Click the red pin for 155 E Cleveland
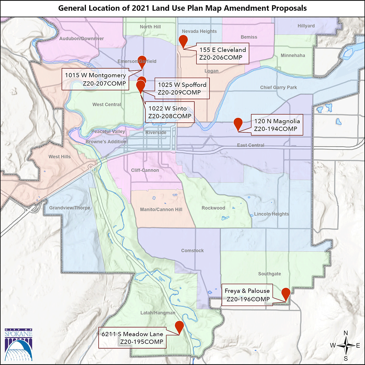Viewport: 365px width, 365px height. [x=183, y=40]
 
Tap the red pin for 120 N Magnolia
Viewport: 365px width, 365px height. [x=238, y=123]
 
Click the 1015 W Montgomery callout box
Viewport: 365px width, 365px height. [x=95, y=79]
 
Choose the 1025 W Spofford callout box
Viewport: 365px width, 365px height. [x=182, y=88]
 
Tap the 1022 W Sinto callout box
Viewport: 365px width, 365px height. [x=170, y=112]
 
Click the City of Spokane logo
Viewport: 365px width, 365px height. [x=19, y=344]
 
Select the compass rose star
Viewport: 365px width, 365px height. [x=346, y=345]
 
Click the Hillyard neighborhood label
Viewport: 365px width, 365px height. [x=306, y=26]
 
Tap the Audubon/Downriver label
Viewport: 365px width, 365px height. [x=82, y=38]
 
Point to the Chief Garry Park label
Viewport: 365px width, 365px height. [x=278, y=88]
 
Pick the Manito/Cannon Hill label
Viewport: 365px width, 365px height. [x=161, y=209]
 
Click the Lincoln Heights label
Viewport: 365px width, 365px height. [x=271, y=214]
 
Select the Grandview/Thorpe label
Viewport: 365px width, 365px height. [x=70, y=208]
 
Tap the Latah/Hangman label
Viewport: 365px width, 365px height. [x=158, y=313]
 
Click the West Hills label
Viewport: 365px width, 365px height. [x=59, y=157]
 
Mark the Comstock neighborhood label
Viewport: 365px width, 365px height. [x=192, y=250]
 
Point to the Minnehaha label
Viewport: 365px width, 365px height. [x=293, y=55]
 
